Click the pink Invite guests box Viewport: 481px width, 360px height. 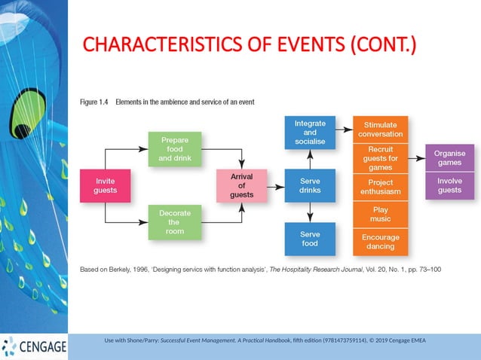pyautogui.click(x=105, y=185)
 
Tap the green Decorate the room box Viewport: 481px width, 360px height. pyautogui.click(x=174, y=222)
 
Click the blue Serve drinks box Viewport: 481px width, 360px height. pyautogui.click(x=310, y=185)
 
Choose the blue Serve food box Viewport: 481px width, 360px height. pyautogui.click(x=310, y=239)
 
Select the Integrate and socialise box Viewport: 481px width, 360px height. pyautogui.click(x=310, y=133)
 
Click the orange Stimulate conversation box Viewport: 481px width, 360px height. pyautogui.click(x=380, y=130)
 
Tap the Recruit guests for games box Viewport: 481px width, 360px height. pyautogui.click(x=380, y=158)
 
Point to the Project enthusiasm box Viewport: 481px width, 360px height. pyautogui.click(x=380, y=188)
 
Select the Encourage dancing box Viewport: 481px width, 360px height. pyautogui.click(x=380, y=242)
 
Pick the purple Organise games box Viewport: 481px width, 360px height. pyautogui.click(x=449, y=158)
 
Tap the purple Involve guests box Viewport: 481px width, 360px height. pyautogui.click(x=449, y=186)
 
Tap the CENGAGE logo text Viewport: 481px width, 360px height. pyautogui.click(x=42, y=347)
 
